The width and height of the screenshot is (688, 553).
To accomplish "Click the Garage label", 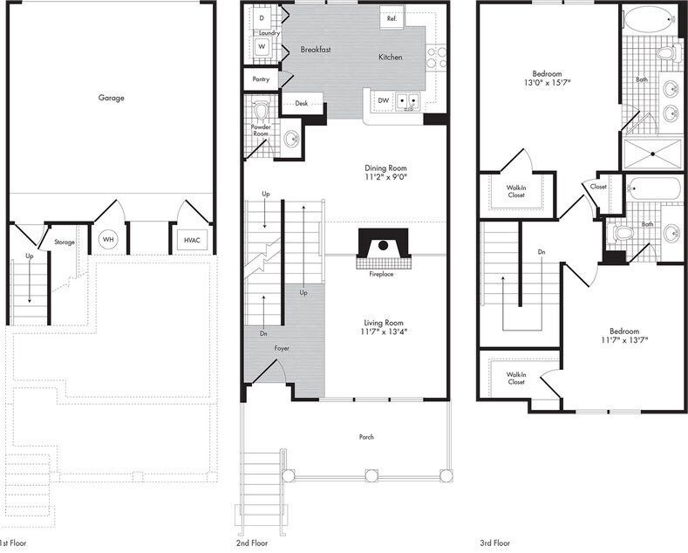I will click(x=111, y=98).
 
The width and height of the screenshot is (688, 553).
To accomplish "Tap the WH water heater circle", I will click(x=108, y=239).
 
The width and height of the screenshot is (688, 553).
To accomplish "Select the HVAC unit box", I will click(x=192, y=240).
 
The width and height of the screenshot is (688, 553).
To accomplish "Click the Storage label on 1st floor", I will click(x=65, y=242).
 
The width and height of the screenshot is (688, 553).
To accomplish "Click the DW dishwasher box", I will click(x=383, y=100).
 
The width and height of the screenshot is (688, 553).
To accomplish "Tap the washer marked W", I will click(x=262, y=45).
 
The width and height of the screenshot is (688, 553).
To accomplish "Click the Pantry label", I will click(x=261, y=79).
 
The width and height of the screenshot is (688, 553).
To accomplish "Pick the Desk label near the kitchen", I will click(x=301, y=103).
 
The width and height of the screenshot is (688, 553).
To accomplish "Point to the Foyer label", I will click(x=282, y=348).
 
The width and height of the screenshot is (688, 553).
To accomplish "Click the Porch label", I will click(x=366, y=437).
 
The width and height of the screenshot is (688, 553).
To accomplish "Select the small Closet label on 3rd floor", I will click(x=598, y=187).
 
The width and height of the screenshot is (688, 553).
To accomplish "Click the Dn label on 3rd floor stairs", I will click(x=542, y=251).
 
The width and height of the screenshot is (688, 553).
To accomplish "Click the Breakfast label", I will click(x=316, y=50).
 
